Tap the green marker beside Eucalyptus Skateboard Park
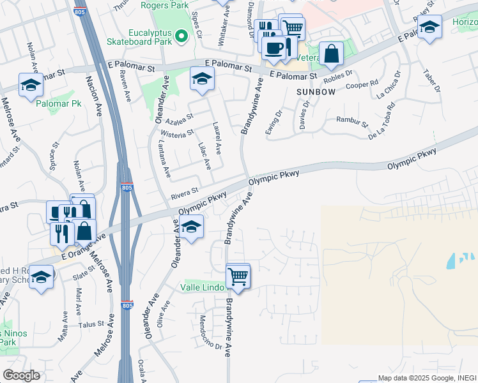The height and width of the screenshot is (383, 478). tap(183, 36)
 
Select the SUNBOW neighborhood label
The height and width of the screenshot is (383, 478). tap(316, 93)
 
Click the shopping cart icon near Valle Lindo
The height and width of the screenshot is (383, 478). tap(238, 276)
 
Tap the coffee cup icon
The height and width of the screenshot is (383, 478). tap(274, 47)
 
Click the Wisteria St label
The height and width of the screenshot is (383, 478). tap(178, 133)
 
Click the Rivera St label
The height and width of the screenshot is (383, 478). tap(185, 190)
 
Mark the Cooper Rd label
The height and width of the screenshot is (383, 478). tap(362, 84)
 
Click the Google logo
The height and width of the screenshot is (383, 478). tap(22, 375)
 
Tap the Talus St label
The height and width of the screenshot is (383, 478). tap(91, 324)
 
